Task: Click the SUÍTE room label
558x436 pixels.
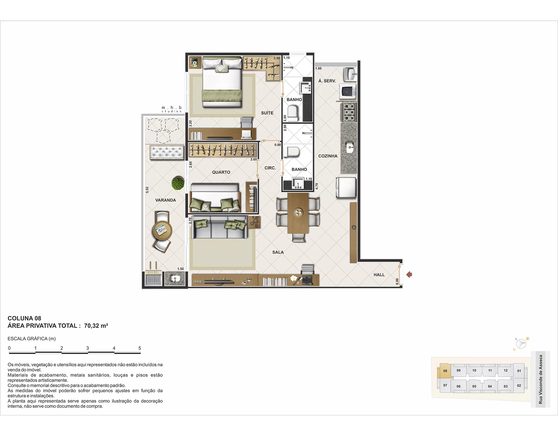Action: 267,113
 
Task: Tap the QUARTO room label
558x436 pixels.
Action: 221,172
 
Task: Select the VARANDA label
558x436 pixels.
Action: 165,200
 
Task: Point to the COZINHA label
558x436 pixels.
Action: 328,156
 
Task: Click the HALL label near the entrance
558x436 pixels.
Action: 379,275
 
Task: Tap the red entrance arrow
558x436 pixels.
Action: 409,274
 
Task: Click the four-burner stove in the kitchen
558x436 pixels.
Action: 349,112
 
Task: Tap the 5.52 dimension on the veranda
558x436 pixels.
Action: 147,190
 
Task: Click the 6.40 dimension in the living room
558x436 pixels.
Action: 255,217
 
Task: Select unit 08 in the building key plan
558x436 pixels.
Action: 445,371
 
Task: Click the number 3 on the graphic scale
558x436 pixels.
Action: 87,348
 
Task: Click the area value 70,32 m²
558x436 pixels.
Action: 96,326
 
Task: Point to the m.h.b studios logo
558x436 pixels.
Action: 171,109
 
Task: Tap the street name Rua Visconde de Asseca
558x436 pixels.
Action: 541,379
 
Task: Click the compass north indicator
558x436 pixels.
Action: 516,339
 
